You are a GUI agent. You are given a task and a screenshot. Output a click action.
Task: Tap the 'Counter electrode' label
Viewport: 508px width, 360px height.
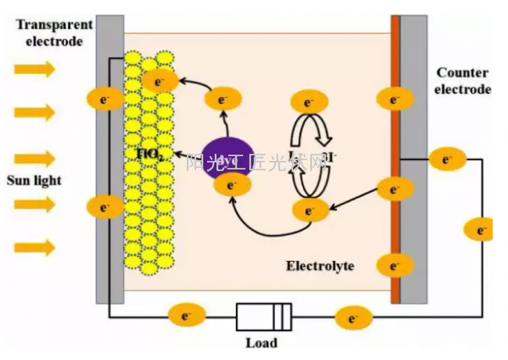[x=463, y=81]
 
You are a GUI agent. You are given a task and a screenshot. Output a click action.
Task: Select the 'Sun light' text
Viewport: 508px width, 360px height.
[x=34, y=180]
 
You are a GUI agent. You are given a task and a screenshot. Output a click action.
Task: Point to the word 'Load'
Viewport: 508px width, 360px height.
[x=261, y=342]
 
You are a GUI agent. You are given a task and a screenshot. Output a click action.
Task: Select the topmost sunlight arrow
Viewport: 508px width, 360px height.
[x=35, y=70]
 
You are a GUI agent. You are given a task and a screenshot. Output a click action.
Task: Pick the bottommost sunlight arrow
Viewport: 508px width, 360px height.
[x=35, y=248]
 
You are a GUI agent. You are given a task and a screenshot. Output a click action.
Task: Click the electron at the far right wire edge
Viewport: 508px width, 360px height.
[x=478, y=230]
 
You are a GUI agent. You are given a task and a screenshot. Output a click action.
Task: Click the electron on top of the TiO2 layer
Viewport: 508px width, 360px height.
[x=160, y=80]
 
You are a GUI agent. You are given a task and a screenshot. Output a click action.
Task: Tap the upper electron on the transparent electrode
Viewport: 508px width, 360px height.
[x=104, y=98]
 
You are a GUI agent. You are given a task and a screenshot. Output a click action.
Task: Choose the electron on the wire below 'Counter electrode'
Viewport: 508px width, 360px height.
[x=447, y=159]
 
